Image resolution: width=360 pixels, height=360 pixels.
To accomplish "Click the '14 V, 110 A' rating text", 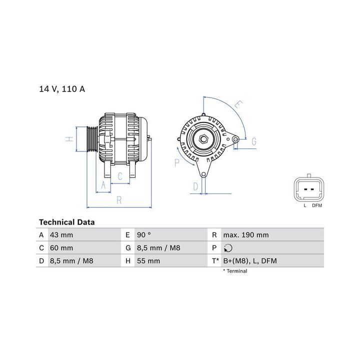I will pyautogui.click(x=62, y=89).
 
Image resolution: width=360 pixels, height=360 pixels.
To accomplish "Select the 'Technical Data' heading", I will pyautogui.click(x=66, y=222).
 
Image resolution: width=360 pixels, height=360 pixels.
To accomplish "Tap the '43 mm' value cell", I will pyautogui.click(x=60, y=235).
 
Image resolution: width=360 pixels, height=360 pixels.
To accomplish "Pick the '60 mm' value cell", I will pyautogui.click(x=60, y=248).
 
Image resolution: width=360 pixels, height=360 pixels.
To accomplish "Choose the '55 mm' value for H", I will pyautogui.click(x=149, y=261).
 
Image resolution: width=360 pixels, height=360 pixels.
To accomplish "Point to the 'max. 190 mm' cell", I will pyautogui.click(x=246, y=235).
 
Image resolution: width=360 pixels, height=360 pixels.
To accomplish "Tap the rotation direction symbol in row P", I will pyautogui.click(x=229, y=248).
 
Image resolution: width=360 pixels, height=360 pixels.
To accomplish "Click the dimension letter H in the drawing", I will pyautogui.click(x=71, y=139).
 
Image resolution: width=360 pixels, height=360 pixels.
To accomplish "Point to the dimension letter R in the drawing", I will pyautogui.click(x=119, y=200).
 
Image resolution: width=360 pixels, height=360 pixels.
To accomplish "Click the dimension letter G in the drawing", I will pyautogui.click(x=253, y=142).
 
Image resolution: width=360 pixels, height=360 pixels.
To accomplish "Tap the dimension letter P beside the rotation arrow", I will pyautogui.click(x=177, y=162).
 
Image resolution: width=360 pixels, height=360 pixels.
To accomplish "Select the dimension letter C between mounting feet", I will pyautogui.click(x=120, y=176).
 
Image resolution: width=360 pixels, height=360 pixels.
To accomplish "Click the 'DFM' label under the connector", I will pyautogui.click(x=317, y=205).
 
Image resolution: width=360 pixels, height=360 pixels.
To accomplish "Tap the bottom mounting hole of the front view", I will pyautogui.click(x=203, y=173).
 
